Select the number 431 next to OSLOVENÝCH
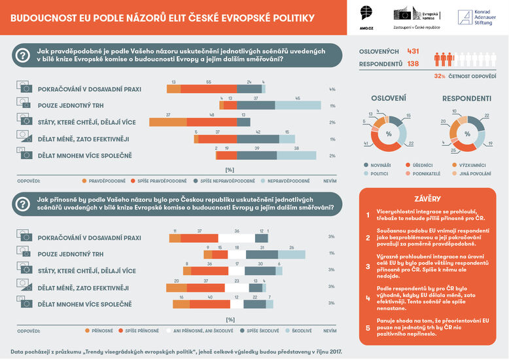click(413, 51)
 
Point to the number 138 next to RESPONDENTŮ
click(413, 64)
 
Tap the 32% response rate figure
click(440, 76)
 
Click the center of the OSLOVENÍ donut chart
click(389, 134)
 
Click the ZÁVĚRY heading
click(431, 199)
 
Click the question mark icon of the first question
click(22, 56)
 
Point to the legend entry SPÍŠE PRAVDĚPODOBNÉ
click(161, 180)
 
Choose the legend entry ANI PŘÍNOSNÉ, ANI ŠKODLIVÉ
click(196, 332)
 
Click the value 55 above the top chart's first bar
click(208, 82)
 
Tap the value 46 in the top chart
click(298, 98)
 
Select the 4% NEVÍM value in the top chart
click(332, 89)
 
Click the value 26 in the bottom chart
click(291, 248)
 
